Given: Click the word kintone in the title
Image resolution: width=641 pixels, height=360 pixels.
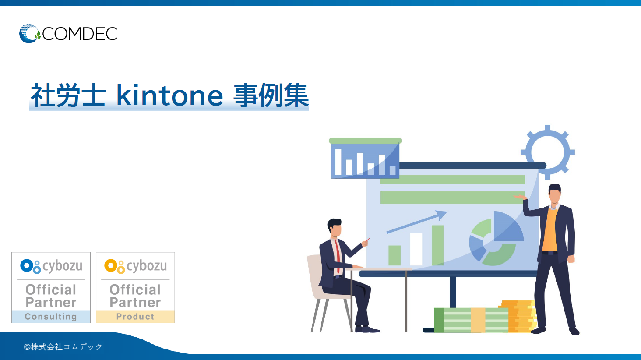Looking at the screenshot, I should pyautogui.click(x=169, y=95).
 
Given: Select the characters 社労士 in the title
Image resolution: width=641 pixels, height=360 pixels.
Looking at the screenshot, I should pyautogui.click(x=68, y=95).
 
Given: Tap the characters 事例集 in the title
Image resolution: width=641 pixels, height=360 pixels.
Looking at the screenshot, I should pyautogui.click(x=271, y=95).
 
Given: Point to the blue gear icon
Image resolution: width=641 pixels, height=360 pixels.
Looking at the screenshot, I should pyautogui.click(x=547, y=152).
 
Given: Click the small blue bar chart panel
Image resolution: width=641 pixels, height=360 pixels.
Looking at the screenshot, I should pyautogui.click(x=365, y=160).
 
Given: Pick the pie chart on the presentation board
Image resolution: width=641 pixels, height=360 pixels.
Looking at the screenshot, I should pyautogui.click(x=496, y=239).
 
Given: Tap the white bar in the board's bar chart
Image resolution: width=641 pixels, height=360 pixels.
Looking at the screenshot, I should pyautogui.click(x=416, y=249).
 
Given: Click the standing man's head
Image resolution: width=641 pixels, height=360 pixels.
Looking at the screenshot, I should pyautogui.click(x=555, y=194).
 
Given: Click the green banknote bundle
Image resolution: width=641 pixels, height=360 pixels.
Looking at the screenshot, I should pyautogui.click(x=471, y=320).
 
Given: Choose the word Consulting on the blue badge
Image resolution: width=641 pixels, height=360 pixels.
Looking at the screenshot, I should pyautogui.click(x=51, y=317).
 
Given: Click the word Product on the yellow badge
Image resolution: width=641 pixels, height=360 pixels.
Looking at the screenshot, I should pyautogui.click(x=135, y=317).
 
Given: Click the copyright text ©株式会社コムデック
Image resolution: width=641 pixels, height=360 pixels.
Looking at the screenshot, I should pyautogui.click(x=63, y=347).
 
